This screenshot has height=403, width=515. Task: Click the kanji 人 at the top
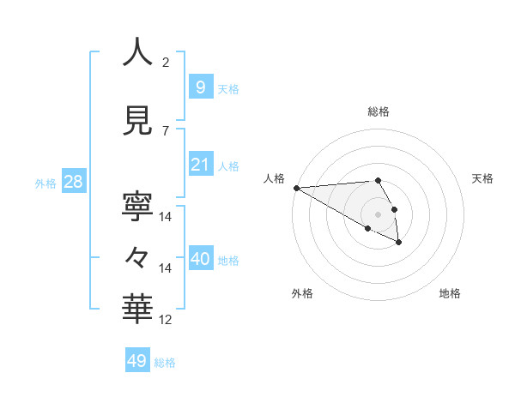click(138, 52)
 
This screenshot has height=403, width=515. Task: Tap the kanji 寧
click(138, 206)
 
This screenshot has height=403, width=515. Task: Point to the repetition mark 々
click(138, 256)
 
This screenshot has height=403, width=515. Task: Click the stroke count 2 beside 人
click(166, 63)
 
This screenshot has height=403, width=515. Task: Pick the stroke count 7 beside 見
click(166, 131)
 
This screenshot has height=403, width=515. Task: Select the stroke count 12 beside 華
click(166, 320)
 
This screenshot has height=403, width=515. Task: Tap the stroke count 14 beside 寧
click(166, 216)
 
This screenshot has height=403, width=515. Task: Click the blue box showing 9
click(200, 87)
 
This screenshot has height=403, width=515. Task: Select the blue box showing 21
click(200, 164)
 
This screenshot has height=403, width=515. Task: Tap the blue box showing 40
click(200, 258)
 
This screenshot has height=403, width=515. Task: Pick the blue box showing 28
click(73, 182)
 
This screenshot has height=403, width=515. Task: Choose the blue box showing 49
click(137, 361)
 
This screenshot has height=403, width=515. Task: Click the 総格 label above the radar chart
click(378, 111)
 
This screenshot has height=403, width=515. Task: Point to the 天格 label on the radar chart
click(482, 178)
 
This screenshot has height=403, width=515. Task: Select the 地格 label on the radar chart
click(450, 293)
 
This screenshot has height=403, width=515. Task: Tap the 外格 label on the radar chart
click(302, 293)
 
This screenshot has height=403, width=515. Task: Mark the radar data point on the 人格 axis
click(296, 188)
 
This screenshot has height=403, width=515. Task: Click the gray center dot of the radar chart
click(378, 214)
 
